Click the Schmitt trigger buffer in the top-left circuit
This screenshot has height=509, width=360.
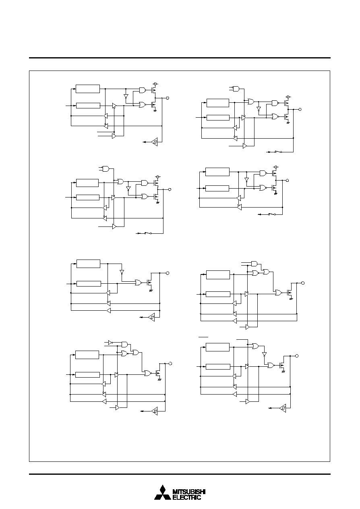[x=155, y=142]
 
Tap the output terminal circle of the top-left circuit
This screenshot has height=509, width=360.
[x=168, y=98]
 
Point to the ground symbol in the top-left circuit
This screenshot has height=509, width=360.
[x=155, y=111]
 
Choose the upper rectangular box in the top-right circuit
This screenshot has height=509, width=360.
[x=218, y=103]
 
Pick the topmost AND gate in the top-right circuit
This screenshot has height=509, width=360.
[x=236, y=88]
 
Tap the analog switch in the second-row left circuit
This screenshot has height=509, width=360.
[x=148, y=233]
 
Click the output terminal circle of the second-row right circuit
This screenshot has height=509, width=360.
[x=287, y=181]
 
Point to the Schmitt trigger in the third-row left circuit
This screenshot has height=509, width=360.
[x=152, y=317]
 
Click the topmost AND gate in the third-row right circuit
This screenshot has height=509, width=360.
[x=254, y=264]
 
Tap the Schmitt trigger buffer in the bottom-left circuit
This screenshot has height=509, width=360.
[x=155, y=411]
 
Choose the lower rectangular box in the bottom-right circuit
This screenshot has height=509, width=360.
[x=218, y=366]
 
